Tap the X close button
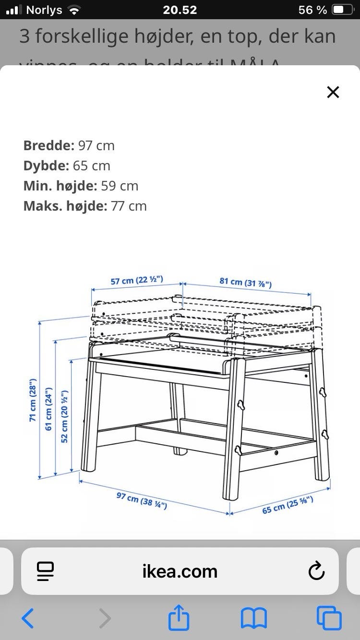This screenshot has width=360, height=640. coord(333,92)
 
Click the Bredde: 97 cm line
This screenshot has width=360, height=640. coord(69,145)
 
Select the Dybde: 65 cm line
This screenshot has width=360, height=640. coord(67,166)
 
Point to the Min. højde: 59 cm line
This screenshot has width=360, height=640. coord(81,186)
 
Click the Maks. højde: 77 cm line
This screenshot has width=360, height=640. coord(85,206)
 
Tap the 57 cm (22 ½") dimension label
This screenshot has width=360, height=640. coord(137,280)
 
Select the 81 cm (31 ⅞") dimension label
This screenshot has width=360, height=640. coord(246,282)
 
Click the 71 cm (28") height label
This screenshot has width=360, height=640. coord(33,400)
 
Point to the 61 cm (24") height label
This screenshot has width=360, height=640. coord(48,409)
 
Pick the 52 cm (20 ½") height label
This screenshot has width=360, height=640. coord(64,416)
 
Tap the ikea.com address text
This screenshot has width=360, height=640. coord(180,571)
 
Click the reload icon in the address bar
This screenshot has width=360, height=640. coord(316,571)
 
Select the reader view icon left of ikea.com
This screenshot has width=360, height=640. coord(45,571)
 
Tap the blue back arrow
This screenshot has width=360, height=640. coord(28,618)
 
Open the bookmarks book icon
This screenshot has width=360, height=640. coord(253,618)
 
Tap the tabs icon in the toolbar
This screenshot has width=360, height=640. coord(329,618)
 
